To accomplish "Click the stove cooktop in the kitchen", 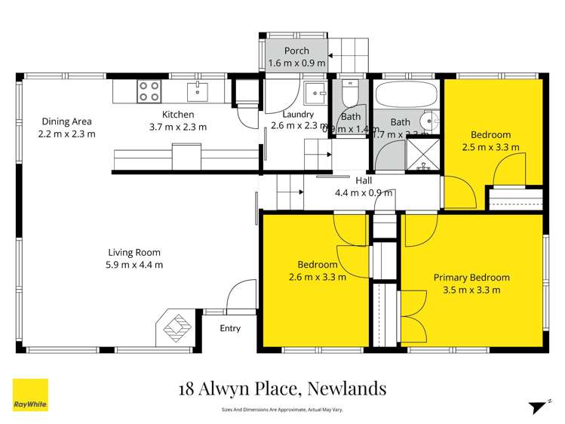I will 149,92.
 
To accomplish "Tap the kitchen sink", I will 197,92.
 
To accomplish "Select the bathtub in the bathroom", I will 406,96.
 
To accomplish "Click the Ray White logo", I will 30,395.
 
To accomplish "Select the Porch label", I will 296,51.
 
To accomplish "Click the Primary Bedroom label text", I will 471,278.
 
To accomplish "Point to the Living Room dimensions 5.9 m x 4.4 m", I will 135,265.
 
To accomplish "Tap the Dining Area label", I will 66,121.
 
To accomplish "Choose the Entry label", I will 230,328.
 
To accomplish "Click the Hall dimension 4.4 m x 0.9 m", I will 364,192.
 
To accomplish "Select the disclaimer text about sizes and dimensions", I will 283,410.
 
